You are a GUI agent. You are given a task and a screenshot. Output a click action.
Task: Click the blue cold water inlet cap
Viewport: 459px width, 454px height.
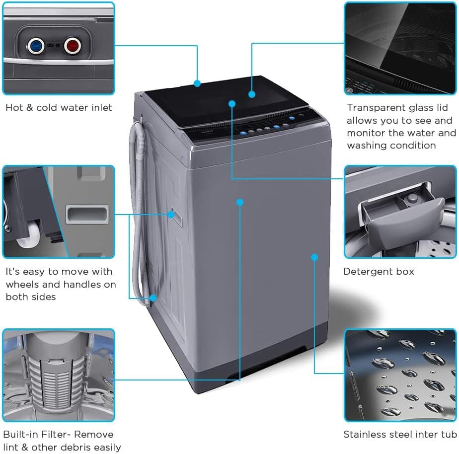[x=35, y=46]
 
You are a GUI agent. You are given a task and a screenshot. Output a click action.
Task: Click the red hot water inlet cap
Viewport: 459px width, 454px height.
[x=73, y=46]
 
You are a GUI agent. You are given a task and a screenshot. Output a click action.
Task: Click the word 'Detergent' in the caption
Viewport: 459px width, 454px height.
[x=368, y=272]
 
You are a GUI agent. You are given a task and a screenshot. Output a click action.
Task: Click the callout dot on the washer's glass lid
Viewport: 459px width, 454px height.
[x=252, y=94]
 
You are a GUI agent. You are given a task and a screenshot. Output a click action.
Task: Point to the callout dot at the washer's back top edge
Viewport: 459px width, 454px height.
[x=197, y=83]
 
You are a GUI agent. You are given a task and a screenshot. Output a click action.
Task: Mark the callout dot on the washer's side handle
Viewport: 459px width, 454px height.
[x=171, y=215]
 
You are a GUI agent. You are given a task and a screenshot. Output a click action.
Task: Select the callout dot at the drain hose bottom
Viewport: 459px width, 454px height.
[x=153, y=298]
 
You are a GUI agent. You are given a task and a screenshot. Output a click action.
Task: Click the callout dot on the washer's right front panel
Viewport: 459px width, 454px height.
[x=314, y=257]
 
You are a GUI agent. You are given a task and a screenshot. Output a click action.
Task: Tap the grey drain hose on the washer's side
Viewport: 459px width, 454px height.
[x=138, y=209]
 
